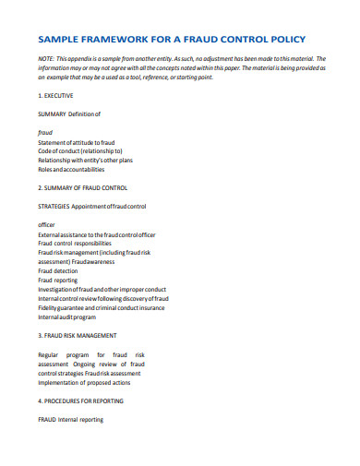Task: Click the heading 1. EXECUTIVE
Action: coord(56,95)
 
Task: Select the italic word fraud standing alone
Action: coord(45,132)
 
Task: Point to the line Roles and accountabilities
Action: coord(71,169)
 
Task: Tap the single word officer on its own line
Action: coord(47,224)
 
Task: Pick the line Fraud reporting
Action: coord(58,280)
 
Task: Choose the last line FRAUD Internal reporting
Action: coord(70,419)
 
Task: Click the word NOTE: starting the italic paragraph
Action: coord(46,57)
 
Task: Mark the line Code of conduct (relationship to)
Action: coord(80,150)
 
